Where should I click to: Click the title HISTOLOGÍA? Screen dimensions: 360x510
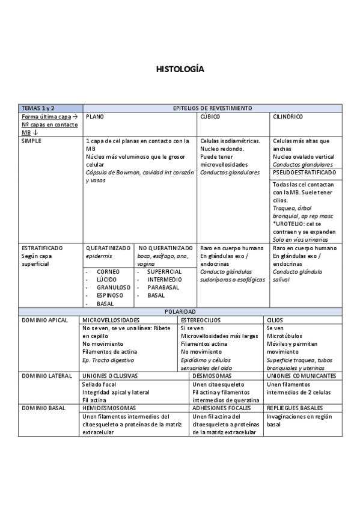point(180,69)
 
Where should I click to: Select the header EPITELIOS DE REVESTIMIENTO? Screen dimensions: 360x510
point(212,108)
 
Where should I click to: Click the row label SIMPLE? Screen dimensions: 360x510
point(32,141)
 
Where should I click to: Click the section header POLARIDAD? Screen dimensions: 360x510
point(180,312)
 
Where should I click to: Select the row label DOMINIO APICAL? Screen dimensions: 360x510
point(45,320)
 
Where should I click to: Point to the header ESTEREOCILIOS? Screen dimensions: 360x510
point(201,320)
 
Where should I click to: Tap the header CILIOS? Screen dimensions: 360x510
point(275,320)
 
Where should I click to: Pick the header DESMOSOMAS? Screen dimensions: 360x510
point(212,375)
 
